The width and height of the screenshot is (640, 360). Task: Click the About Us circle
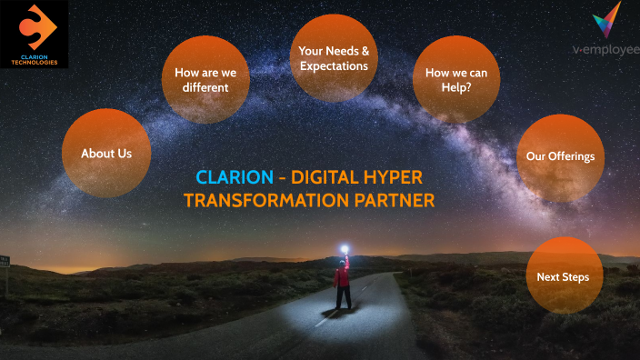106,153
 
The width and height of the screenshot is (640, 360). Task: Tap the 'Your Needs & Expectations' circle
334,57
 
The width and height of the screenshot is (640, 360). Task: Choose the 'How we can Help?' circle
456,79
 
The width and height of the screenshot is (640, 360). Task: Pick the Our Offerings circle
560,157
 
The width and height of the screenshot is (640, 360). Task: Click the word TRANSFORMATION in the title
270,200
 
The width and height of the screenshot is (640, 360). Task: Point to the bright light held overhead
345,245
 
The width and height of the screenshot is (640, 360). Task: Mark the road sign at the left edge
5,262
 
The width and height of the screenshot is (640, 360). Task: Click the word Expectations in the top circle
334,66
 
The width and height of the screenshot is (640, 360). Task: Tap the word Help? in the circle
457,88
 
